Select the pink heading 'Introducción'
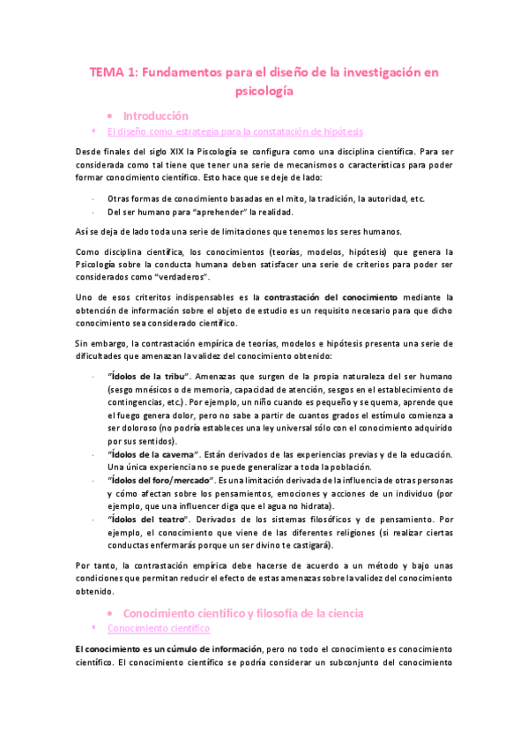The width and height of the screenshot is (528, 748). point(155,116)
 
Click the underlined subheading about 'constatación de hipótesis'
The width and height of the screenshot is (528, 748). point(234,132)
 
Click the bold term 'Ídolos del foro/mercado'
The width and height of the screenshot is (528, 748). point(162,480)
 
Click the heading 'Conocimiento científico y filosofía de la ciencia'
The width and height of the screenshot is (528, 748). point(242,612)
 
